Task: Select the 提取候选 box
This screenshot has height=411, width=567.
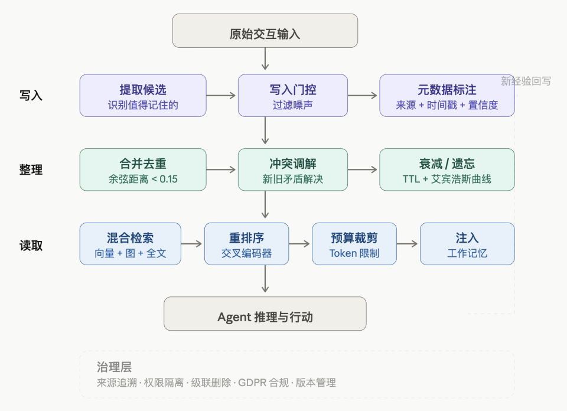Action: click(x=143, y=95)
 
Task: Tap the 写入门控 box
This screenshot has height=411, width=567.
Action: click(x=293, y=95)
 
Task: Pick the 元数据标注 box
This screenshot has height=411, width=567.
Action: click(x=447, y=95)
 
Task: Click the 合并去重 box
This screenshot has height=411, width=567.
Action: click(x=143, y=169)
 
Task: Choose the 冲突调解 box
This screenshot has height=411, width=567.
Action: click(x=293, y=169)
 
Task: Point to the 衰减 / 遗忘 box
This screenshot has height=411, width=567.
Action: click(x=447, y=169)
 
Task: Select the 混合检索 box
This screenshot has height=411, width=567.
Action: click(x=130, y=243)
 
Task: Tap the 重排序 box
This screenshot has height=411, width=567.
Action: click(x=246, y=243)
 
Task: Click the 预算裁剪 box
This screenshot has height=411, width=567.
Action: click(x=354, y=243)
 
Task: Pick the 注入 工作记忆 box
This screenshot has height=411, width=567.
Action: click(x=467, y=243)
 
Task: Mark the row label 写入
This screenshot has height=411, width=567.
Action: click(x=31, y=95)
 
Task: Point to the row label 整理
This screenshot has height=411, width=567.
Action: click(x=31, y=170)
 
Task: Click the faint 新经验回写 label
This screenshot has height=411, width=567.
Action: click(x=526, y=81)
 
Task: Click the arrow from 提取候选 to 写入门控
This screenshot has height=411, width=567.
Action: click(x=222, y=96)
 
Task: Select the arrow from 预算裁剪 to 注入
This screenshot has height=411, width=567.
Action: click(x=408, y=243)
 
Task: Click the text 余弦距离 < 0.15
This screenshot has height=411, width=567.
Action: click(x=143, y=179)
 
